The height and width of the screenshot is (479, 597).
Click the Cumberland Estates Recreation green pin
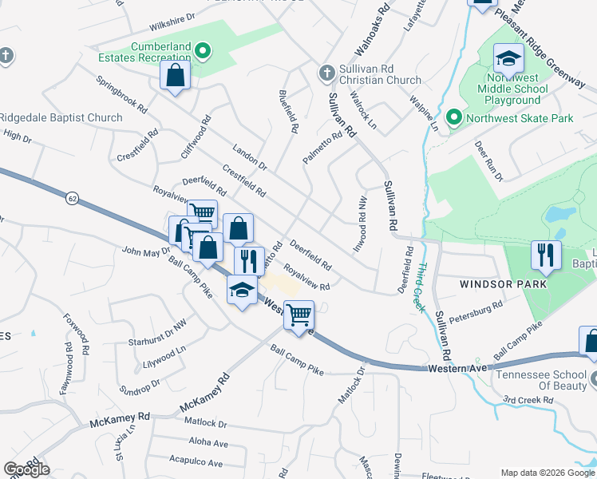[203, 53]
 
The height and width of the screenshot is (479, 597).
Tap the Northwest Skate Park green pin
[454, 118]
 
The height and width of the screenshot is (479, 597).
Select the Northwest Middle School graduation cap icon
[508, 59]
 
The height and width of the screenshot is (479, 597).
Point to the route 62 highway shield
[73, 197]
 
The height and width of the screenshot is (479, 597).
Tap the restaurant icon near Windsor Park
[547, 255]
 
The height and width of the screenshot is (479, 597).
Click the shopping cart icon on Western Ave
[298, 315]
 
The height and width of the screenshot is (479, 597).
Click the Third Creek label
[419, 287]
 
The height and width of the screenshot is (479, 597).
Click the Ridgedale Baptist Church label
[61, 118]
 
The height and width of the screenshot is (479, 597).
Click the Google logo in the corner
[26, 469]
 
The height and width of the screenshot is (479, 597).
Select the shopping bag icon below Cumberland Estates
[176, 77]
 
